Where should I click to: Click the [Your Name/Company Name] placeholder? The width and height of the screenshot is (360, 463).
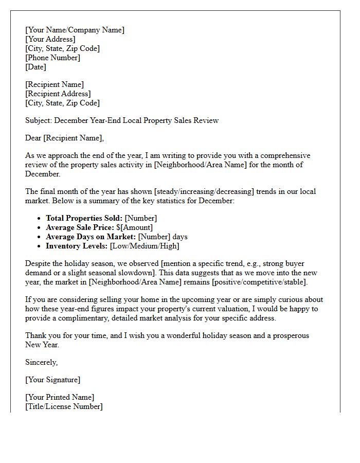coord(75,30)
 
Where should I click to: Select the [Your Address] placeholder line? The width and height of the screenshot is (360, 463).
coord(50,39)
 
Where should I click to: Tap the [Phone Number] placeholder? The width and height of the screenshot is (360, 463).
coord(52,58)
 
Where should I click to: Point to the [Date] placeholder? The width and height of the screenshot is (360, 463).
coord(35,67)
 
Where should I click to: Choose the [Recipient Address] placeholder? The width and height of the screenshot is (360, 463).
coord(58,94)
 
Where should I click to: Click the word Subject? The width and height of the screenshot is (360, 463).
coord(38,120)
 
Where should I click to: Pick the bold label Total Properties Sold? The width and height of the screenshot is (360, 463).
coord(84,218)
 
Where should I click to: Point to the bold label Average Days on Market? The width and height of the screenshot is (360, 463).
coord(91,237)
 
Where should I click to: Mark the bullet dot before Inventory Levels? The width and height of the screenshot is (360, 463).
coord(39,246)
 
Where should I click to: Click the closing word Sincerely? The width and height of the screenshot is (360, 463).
coord(41,362)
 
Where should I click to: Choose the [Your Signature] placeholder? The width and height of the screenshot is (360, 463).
coord(52,380)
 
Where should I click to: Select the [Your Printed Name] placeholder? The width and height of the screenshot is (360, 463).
coord(60,397)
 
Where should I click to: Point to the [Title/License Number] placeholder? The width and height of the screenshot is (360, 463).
coord(64,406)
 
